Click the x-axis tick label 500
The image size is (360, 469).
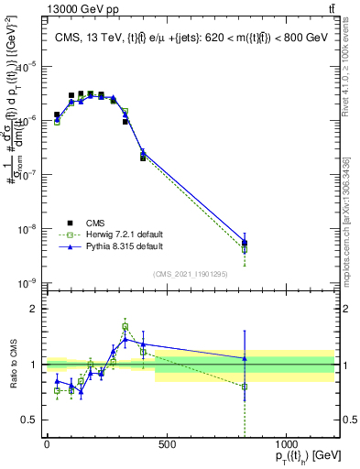tap(167, 444)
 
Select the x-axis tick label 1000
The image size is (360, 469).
tap(286, 444)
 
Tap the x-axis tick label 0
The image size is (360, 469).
tap(47, 444)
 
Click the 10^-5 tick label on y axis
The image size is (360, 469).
tap(27, 66)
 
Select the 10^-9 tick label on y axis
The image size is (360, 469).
tap(27, 283)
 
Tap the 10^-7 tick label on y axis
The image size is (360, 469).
tap(27, 174)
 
